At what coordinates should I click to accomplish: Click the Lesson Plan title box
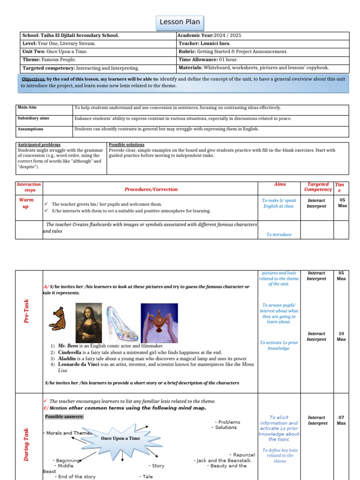tap(180, 22)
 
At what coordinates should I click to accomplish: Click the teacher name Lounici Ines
tap(217, 44)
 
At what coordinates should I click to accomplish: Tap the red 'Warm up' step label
tap(26, 203)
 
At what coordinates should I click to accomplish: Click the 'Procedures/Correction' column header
tap(151, 189)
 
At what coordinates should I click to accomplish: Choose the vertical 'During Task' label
tap(26, 444)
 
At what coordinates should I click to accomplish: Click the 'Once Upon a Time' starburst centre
tap(120, 438)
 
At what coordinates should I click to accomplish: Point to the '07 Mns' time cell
tap(341, 420)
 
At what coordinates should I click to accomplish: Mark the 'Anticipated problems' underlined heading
tap(39, 145)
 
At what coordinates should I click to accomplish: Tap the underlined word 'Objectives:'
tap(33, 79)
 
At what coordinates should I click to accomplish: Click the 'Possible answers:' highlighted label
tap(64, 417)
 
